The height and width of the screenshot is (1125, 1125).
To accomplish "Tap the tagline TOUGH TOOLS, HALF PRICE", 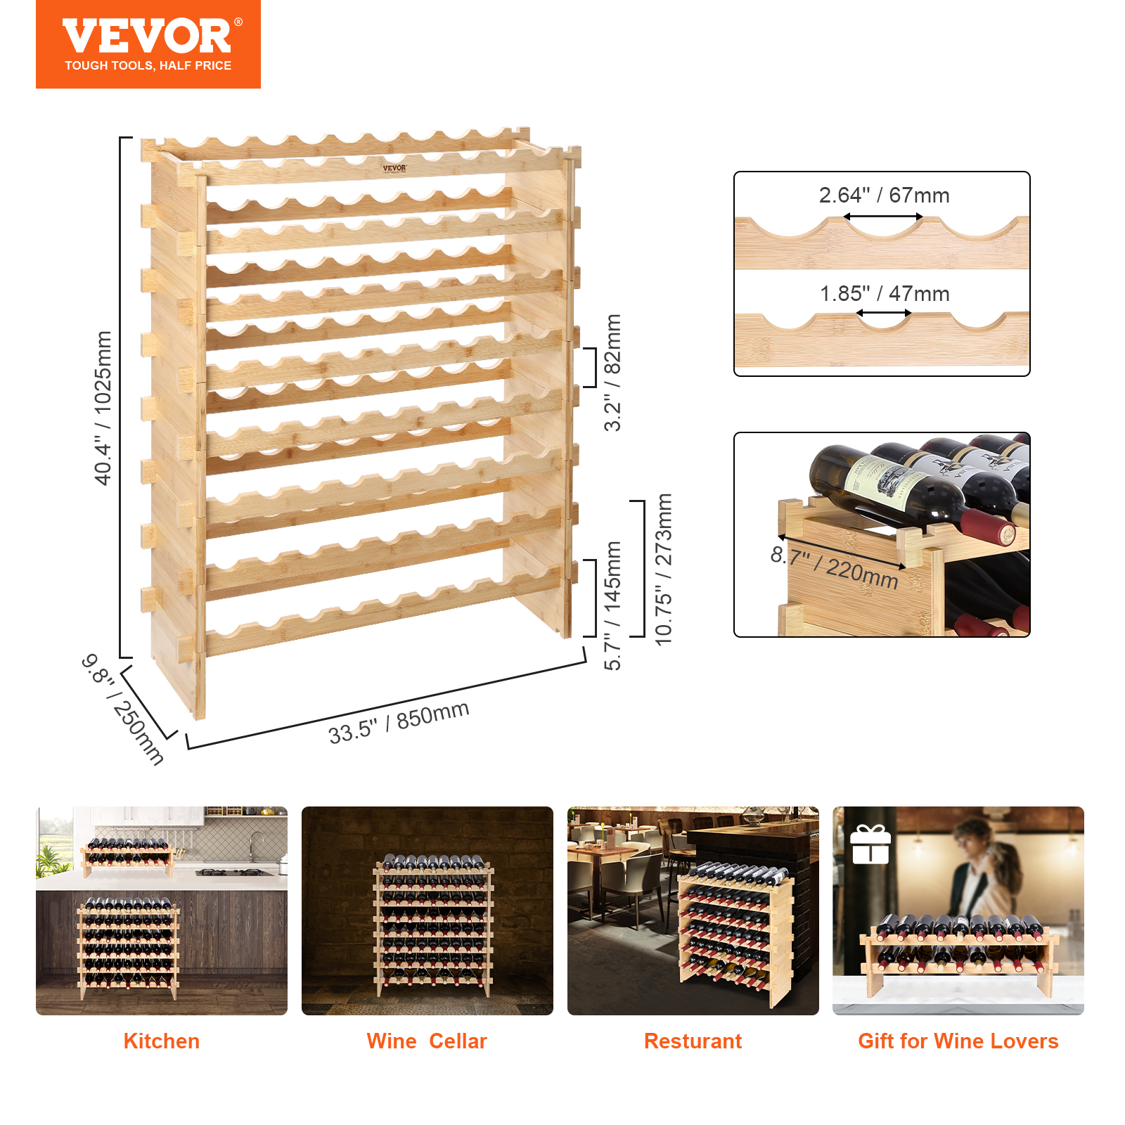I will point(148,65).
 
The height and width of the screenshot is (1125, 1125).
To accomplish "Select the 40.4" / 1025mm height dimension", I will point(103,408).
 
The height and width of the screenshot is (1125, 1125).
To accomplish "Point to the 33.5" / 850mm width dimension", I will point(399,723).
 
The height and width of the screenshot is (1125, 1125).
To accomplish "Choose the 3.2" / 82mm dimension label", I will point(612,372).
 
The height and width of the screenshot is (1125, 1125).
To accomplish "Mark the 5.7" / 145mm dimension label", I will point(612,605).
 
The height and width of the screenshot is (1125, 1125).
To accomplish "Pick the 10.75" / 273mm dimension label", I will point(663,569).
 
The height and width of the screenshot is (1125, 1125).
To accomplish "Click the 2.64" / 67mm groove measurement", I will point(884,195).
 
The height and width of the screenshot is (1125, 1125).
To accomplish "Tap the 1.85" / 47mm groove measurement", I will point(885,293).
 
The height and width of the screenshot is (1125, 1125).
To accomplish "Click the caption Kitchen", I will point(161,1041).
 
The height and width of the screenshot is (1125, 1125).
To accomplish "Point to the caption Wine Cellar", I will point(427,1041).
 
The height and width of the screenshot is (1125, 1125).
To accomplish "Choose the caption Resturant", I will point(693,1041).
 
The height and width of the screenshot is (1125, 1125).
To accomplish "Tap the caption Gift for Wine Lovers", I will point(958,1041).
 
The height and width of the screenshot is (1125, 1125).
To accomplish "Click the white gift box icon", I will point(870,845).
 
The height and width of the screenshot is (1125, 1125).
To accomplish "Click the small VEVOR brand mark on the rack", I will point(394,168).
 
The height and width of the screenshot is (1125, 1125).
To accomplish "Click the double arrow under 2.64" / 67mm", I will point(883,217).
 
